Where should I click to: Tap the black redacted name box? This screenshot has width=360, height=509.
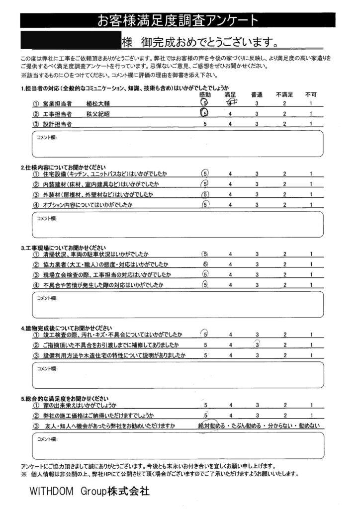70,39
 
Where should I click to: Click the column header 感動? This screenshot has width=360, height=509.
205,94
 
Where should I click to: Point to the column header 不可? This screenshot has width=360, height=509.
311,94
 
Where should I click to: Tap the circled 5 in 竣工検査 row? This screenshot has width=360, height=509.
204,334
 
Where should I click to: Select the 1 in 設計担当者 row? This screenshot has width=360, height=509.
311,124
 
